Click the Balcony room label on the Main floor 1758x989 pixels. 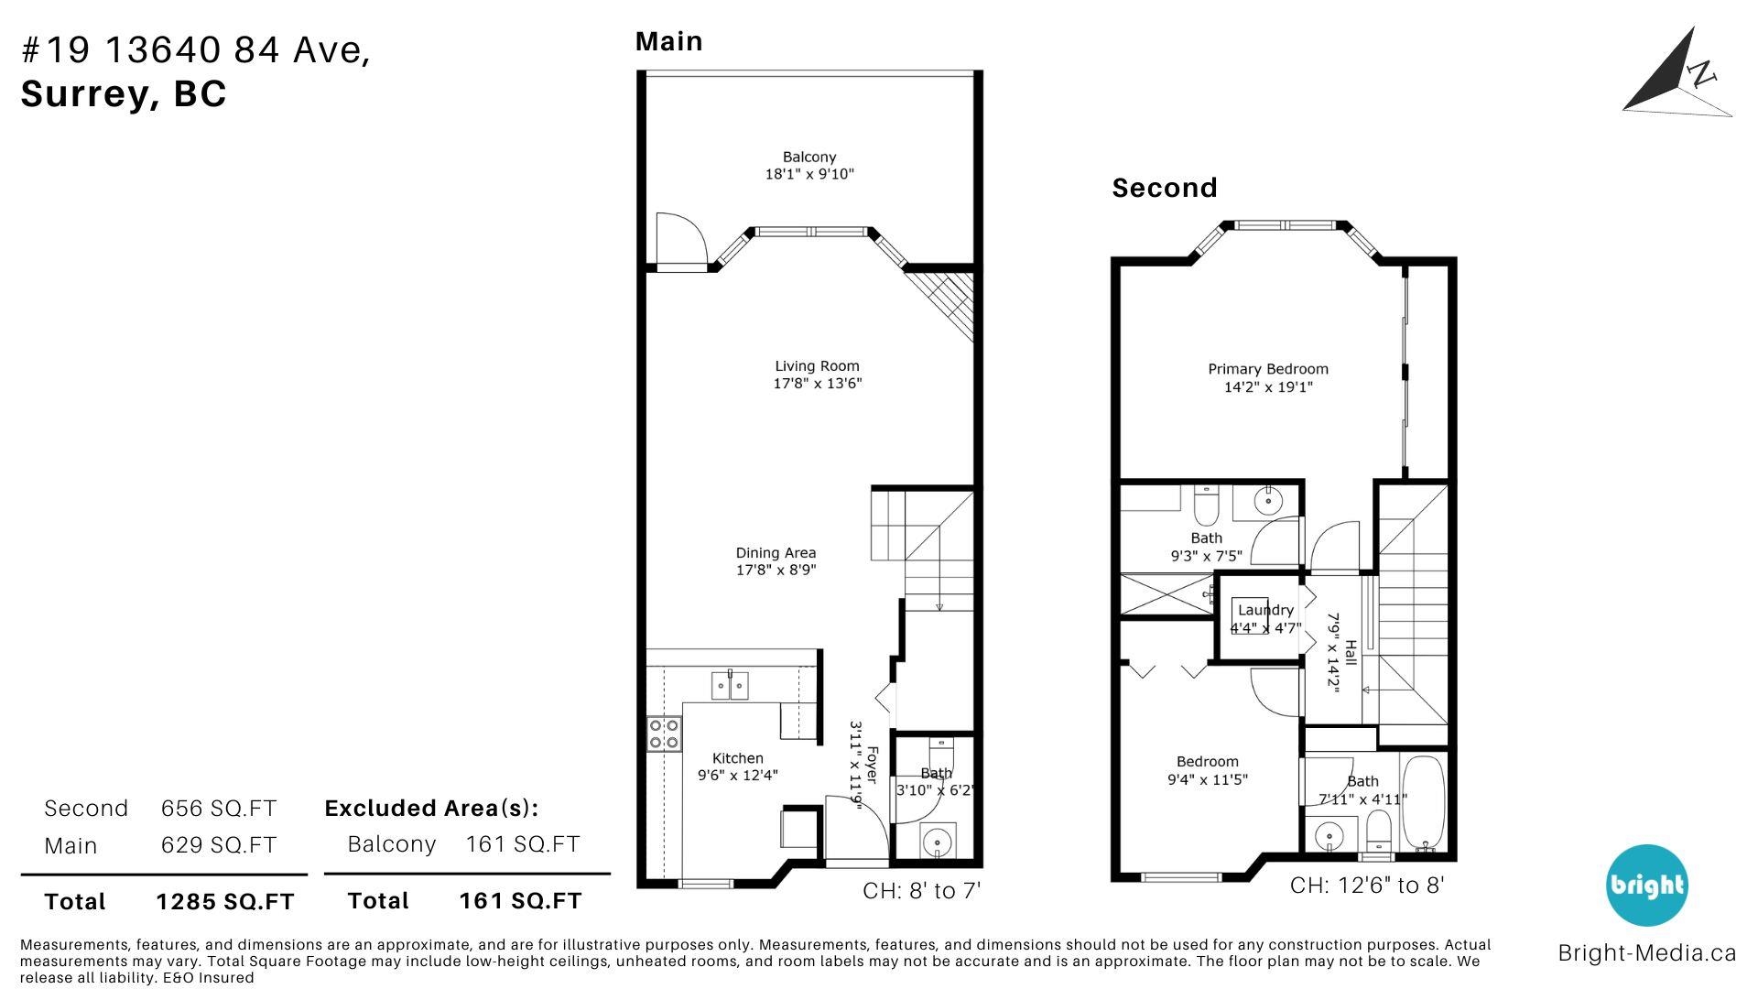click(809, 158)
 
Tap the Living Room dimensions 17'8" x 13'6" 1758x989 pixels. click(818, 384)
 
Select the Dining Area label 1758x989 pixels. click(776, 553)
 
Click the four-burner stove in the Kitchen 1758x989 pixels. click(664, 734)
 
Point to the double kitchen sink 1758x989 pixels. click(731, 685)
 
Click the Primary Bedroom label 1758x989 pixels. click(1268, 369)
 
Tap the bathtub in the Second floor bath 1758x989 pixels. click(1423, 804)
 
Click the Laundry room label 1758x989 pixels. click(1265, 610)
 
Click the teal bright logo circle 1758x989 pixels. click(1646, 886)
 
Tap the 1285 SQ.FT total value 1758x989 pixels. click(225, 902)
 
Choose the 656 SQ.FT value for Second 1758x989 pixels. click(219, 809)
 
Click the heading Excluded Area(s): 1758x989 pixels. click(431, 809)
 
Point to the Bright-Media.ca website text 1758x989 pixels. click(1646, 953)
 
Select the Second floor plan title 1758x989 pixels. click(1165, 188)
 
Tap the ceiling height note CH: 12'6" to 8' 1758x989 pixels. click(1367, 886)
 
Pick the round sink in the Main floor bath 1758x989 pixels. click(936, 840)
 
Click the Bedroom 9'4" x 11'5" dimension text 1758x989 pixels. click(1208, 779)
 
